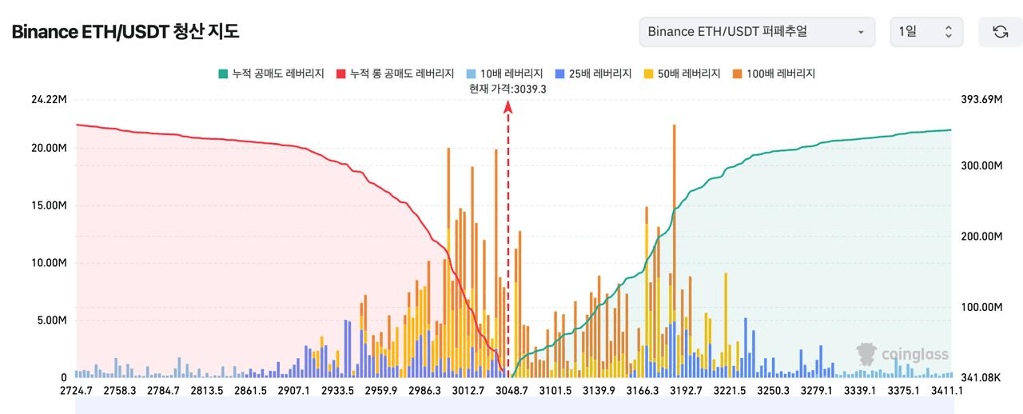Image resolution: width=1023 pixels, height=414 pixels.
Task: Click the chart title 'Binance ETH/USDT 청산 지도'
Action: coord(125,32)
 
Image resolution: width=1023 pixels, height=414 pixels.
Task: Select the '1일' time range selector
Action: coord(926,32)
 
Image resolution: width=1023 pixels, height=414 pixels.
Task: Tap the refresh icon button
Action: coord(1000,32)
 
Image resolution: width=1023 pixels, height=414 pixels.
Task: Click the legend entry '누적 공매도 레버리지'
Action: coord(271,74)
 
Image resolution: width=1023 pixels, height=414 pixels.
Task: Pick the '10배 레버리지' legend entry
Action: coord(507,74)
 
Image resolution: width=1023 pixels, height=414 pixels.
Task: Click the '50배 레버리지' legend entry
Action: coord(683,74)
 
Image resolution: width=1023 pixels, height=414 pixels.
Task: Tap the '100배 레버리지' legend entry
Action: coord(773,74)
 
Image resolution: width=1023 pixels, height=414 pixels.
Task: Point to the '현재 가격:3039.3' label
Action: coord(508,89)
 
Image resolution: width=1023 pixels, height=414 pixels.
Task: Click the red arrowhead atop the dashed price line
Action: coord(508,106)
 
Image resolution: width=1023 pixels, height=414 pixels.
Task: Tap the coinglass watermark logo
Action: coord(902,354)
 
